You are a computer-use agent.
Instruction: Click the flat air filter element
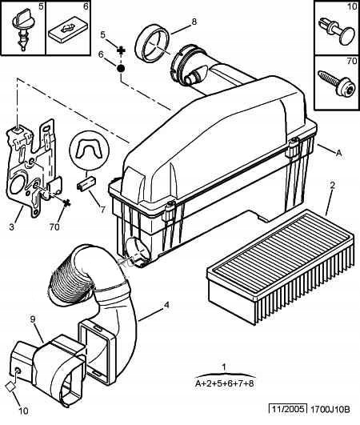click(280, 267)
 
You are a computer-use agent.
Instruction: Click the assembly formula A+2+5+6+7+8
click(225, 384)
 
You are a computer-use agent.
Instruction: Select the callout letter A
click(338, 154)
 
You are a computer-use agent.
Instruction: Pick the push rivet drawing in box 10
click(337, 31)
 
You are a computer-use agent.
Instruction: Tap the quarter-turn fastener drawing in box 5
click(22, 29)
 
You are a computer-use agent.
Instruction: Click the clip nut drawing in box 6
click(69, 29)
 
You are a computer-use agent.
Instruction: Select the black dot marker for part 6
click(121, 68)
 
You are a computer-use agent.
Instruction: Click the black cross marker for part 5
click(122, 50)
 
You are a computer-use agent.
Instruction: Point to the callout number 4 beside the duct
click(166, 305)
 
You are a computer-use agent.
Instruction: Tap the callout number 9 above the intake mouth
click(33, 319)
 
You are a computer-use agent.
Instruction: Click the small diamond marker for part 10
click(10, 387)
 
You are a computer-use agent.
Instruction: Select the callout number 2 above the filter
click(332, 186)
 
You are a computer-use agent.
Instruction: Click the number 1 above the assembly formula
click(224, 367)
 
